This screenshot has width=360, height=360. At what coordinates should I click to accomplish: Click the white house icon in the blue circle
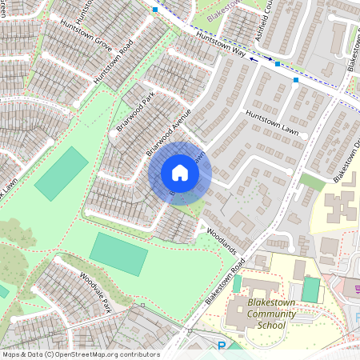tap(180, 174)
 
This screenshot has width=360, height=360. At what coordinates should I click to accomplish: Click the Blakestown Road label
tap(223, 284)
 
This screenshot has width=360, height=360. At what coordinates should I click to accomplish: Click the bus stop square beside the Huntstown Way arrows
tap(278, 64)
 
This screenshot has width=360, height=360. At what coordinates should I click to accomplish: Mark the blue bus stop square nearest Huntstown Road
tap(155, 10)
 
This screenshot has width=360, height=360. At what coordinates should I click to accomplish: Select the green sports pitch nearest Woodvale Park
tap(118, 252)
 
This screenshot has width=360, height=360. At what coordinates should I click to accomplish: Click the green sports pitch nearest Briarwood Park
tap(61, 174)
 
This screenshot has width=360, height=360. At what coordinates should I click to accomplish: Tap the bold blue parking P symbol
tap(222, 346)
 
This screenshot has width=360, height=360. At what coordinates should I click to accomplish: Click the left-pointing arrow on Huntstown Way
tap(251, 58)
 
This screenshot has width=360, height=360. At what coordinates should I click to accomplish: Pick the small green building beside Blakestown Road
tap(237, 283)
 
